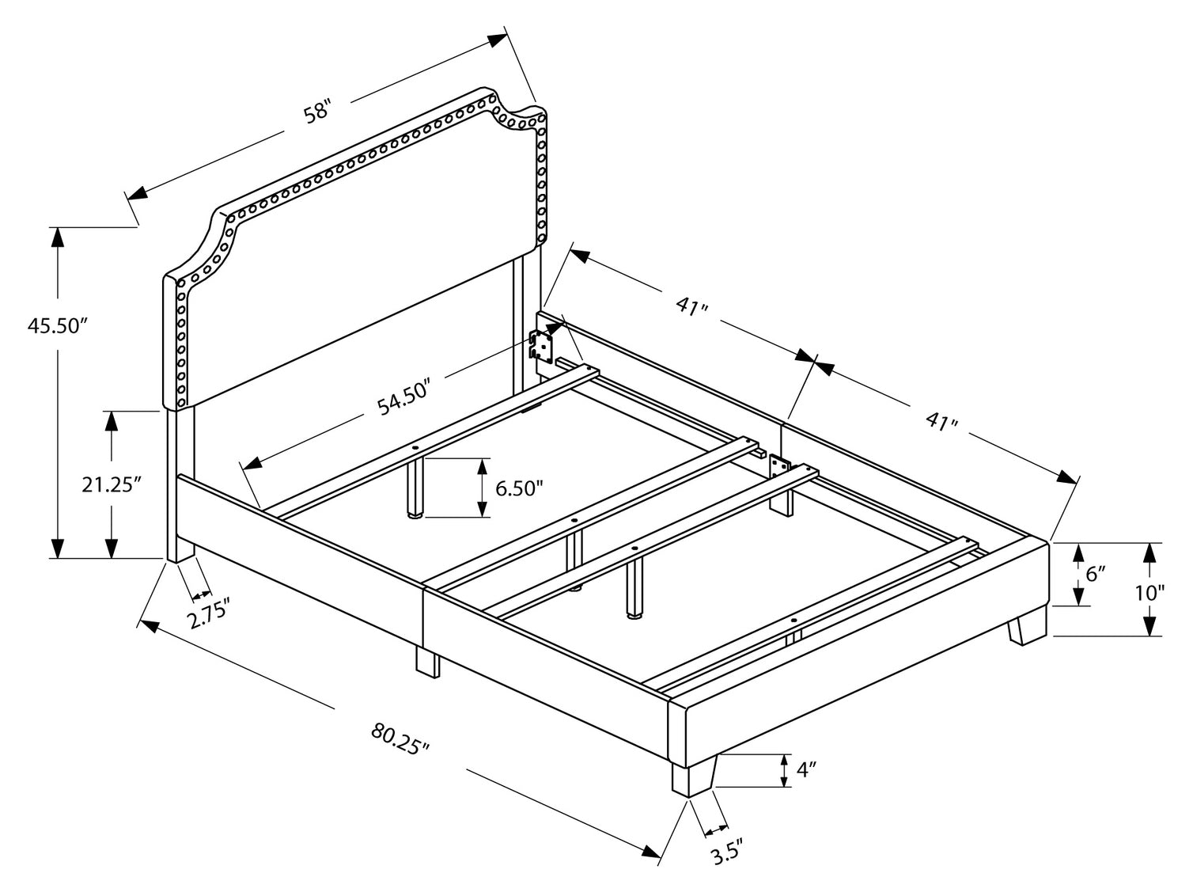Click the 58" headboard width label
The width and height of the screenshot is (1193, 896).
click(x=316, y=112)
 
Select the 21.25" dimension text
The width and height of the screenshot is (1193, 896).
click(x=111, y=484)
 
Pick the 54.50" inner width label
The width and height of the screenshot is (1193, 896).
click(x=403, y=398)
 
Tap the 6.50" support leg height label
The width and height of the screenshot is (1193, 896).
click(x=519, y=488)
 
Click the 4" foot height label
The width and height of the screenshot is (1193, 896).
click(x=806, y=769)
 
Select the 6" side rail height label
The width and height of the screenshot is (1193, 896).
click(x=1095, y=574)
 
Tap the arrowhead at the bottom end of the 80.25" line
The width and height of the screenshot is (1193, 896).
click(x=652, y=852)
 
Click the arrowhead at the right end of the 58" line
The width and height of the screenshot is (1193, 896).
click(x=498, y=40)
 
